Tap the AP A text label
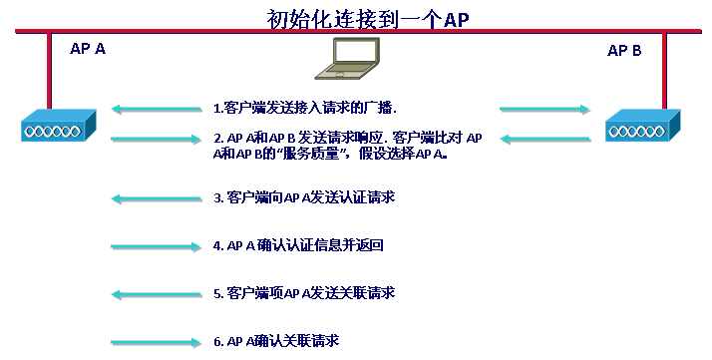tap(88, 48)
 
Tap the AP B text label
tap(624, 49)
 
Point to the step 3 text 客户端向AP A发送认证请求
tap(304, 197)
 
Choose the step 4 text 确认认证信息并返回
tap(298, 245)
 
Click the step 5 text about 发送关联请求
tap(304, 293)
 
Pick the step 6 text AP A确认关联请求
tap(276, 341)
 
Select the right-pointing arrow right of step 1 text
tap(534, 107)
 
